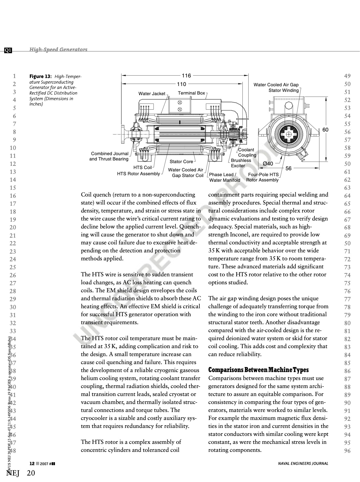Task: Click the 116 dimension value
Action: pyautogui.click(x=186, y=76)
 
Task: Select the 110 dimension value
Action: pyautogui.click(x=181, y=84)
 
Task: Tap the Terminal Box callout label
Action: pyautogui.click(x=191, y=93)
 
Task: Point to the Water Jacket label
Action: pyautogui.click(x=152, y=94)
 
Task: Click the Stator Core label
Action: pyautogui.click(x=181, y=162)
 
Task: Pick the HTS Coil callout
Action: pyautogui.click(x=142, y=168)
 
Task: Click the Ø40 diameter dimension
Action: pyautogui.click(x=268, y=164)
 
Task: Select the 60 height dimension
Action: pyautogui.click(x=325, y=130)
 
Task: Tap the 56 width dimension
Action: pyautogui.click(x=289, y=168)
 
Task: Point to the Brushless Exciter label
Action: pyautogui.click(x=241, y=163)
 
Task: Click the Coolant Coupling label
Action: pyautogui.click(x=247, y=152)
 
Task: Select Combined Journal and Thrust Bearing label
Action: pyautogui.click(x=109, y=156)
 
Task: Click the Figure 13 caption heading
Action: pyautogui.click(x=40, y=77)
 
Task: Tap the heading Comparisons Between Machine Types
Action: pyautogui.click(x=258, y=370)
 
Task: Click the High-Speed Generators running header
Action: pyautogui.click(x=58, y=49)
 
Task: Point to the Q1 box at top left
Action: pyautogui.click(x=8, y=50)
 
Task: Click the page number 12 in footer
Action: pyautogui.click(x=32, y=463)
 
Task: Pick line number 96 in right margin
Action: pyautogui.click(x=347, y=451)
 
